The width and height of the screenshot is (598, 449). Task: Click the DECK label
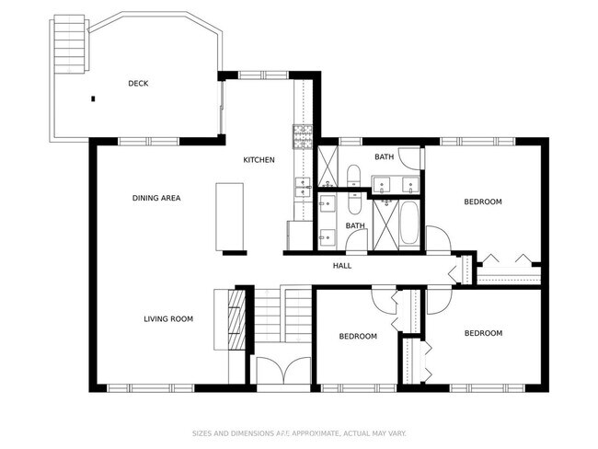[138, 84]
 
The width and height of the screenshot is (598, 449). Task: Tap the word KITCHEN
[259, 160]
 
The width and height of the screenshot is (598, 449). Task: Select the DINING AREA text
[156, 198]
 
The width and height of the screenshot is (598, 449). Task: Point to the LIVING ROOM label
[167, 319]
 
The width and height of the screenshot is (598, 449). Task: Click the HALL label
[342, 266]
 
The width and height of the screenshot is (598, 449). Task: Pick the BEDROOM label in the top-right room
[482, 201]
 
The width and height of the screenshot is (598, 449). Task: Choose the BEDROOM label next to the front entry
[358, 336]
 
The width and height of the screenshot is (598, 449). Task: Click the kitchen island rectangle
[230, 216]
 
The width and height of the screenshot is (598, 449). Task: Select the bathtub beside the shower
[409, 225]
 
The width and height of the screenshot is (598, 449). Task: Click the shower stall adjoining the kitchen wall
[328, 167]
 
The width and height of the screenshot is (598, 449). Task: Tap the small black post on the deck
[93, 98]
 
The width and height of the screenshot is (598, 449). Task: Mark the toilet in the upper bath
[355, 174]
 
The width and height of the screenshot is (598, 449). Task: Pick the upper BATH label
[384, 157]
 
